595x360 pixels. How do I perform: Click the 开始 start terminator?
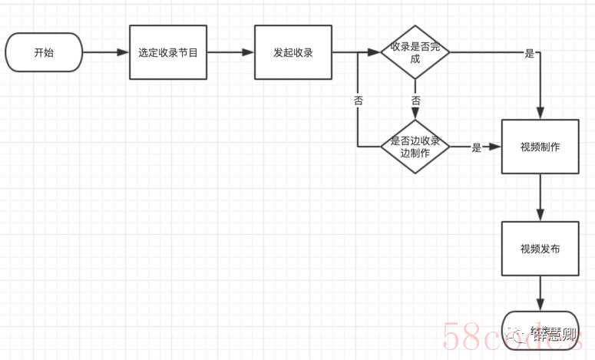(x=43, y=53)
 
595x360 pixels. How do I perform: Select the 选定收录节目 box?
(x=167, y=53)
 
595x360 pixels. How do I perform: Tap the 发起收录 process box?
(x=293, y=53)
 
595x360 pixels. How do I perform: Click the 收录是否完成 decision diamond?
(x=415, y=52)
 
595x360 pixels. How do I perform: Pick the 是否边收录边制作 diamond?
(x=415, y=147)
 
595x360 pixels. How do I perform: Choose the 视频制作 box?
(x=540, y=147)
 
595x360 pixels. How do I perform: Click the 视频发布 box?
(x=540, y=249)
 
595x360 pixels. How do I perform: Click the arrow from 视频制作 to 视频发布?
(x=540, y=197)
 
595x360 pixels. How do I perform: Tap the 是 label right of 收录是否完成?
(x=530, y=54)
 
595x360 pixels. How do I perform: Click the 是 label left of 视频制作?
(x=477, y=147)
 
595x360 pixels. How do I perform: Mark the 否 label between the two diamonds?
(x=415, y=101)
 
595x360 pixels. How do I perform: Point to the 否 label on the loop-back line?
(x=358, y=101)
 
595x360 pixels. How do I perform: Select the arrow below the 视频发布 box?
(x=540, y=293)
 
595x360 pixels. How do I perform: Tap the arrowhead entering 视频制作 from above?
(x=540, y=114)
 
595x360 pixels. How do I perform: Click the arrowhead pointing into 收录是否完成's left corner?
(x=375, y=53)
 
